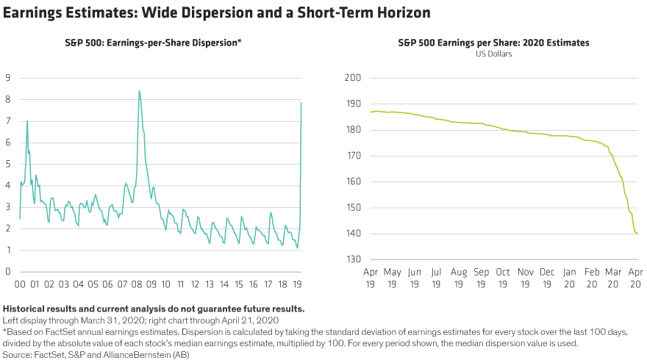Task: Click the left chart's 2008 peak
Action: (139, 90)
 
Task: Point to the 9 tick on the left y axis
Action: (7, 78)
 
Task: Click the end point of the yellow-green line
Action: (637, 233)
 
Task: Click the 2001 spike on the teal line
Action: (27, 120)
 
